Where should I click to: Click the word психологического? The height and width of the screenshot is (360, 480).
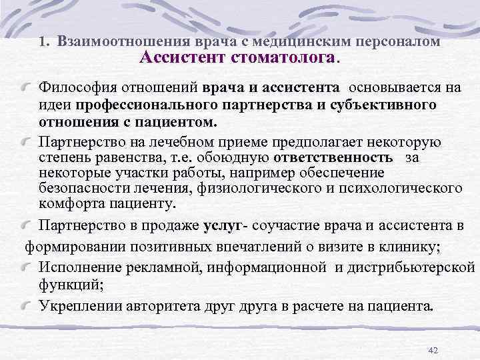pos(395,189)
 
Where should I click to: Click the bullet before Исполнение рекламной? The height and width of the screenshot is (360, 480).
pos(29,267)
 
